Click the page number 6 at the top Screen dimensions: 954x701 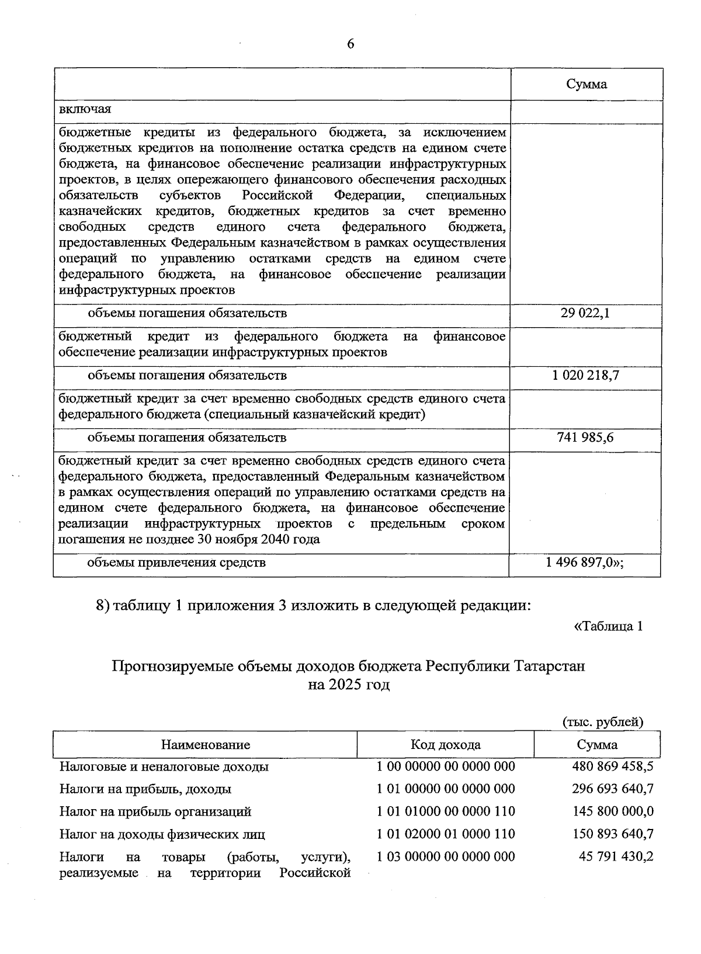(350, 44)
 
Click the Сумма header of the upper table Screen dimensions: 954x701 (586, 84)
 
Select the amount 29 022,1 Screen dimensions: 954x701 (585, 313)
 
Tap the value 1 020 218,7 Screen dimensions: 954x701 (585, 376)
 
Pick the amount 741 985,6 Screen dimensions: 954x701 (585, 438)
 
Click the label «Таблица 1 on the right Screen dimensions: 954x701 (609, 627)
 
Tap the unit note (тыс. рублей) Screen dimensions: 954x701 (602, 722)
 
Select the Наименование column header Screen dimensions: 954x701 (205, 745)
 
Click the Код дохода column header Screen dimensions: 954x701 (445, 745)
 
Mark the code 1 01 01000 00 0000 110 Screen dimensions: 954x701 (446, 811)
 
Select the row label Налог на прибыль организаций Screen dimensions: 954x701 (155, 811)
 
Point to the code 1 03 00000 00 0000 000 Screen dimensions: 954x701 (446, 857)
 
